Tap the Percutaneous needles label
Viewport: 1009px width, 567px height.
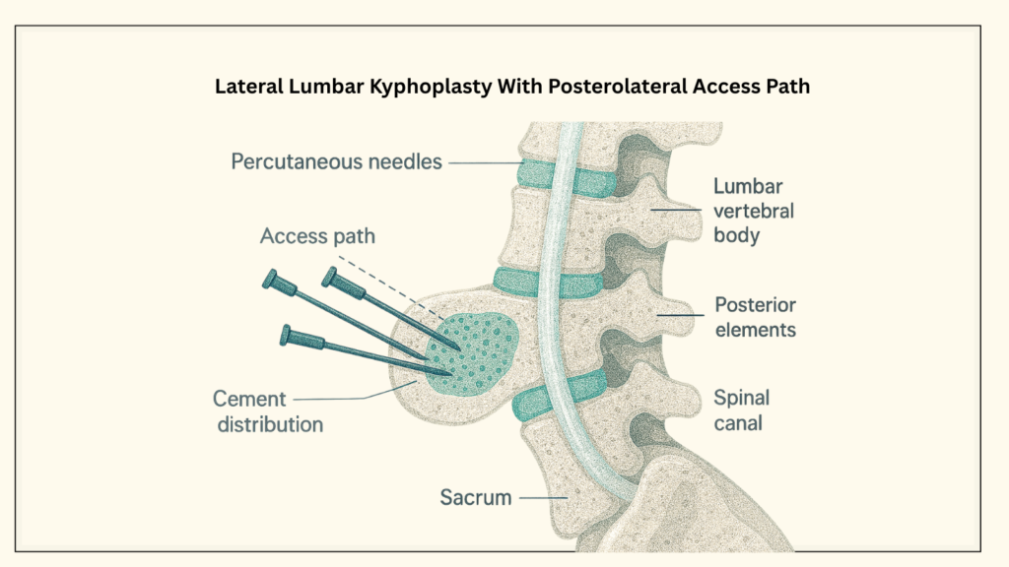pos(337,160)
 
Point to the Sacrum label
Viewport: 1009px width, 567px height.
pos(475,497)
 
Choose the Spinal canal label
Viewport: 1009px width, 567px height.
pos(742,411)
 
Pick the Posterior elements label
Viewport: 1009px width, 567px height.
pos(755,316)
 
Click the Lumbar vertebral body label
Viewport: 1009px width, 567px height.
pos(755,211)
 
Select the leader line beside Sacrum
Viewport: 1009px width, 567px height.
pos(543,498)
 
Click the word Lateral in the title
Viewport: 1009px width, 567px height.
pos(246,86)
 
